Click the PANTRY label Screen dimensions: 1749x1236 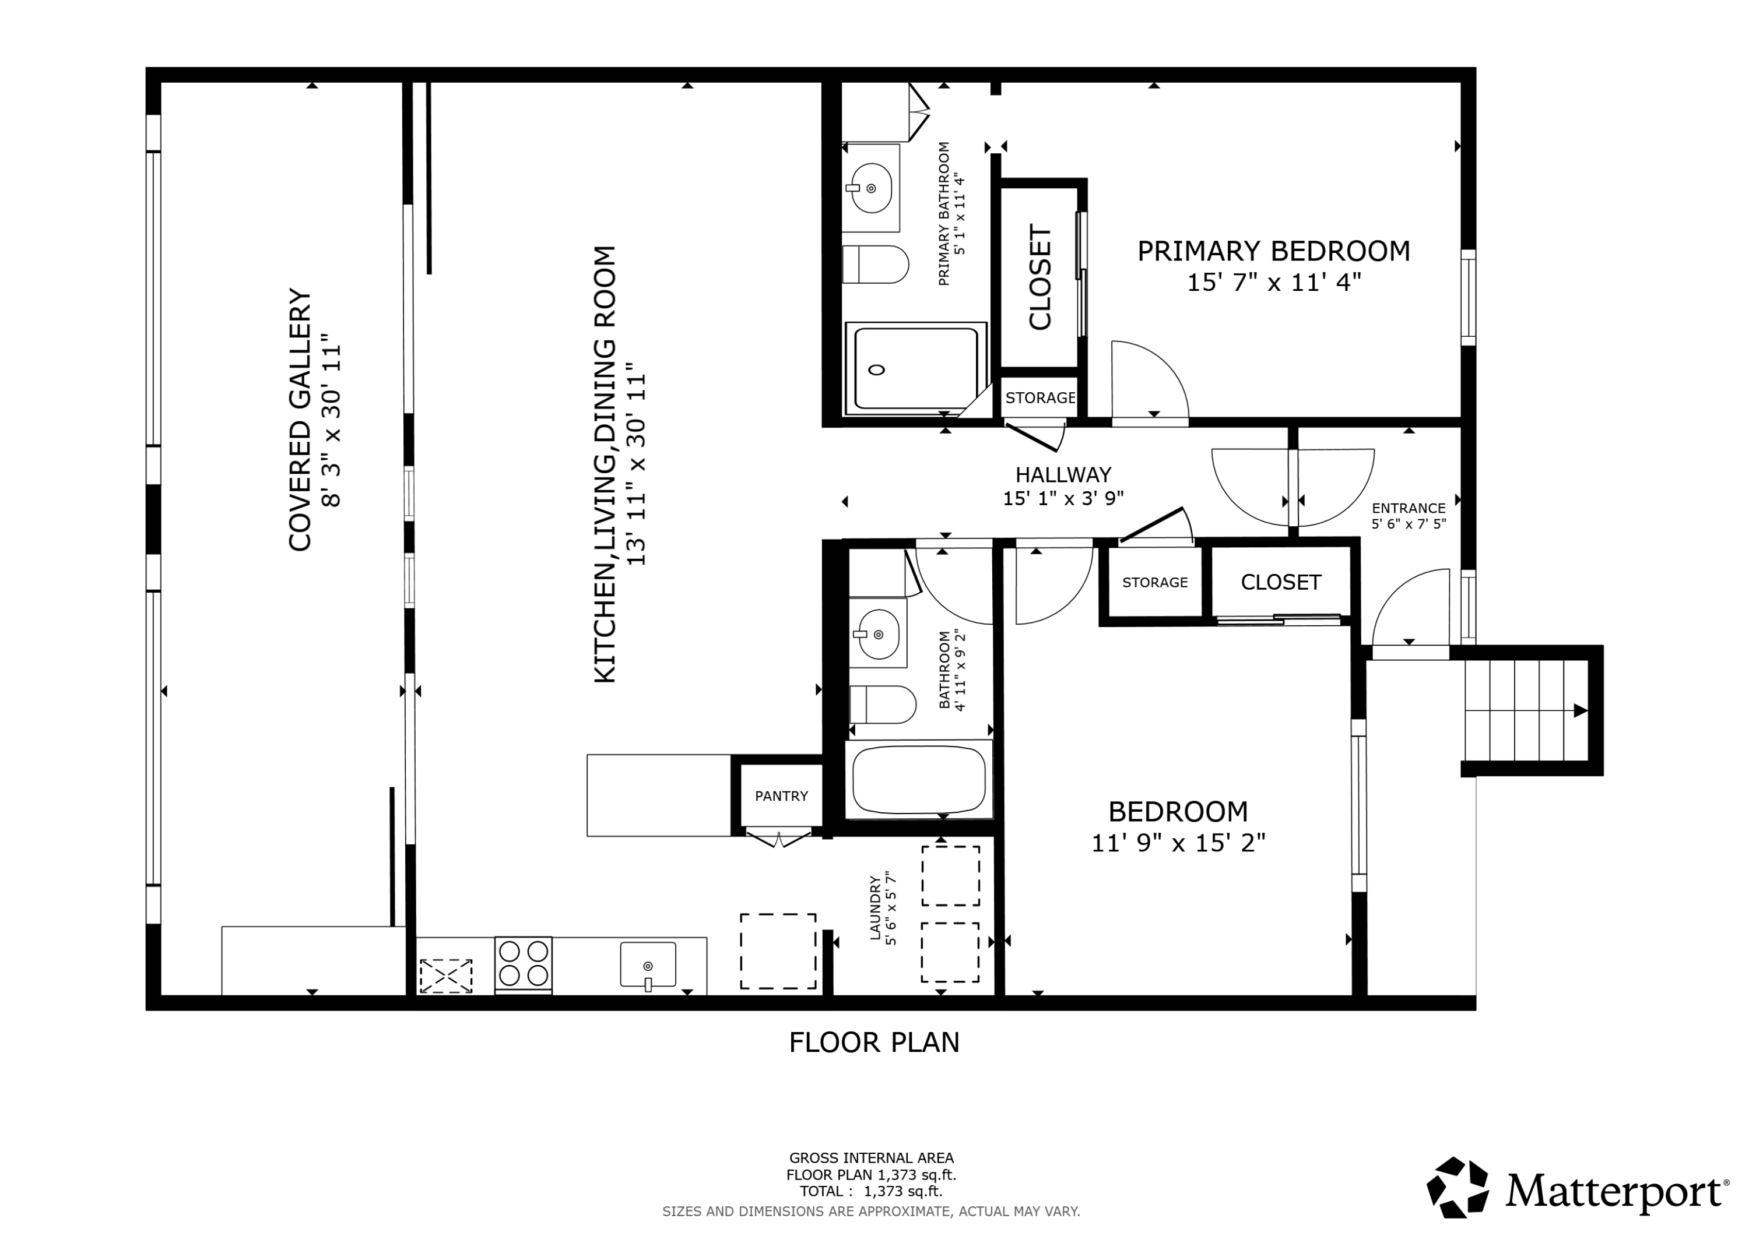coord(781,796)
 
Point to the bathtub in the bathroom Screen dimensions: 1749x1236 coord(919,779)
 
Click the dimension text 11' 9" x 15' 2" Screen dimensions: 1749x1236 coord(1178,844)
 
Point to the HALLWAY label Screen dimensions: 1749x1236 coord(1063,475)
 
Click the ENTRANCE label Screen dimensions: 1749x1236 coord(1409,508)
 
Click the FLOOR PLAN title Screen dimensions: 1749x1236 coord(874,1043)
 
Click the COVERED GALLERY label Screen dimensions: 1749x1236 coord(300,420)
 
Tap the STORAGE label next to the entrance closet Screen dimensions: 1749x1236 coord(1155,583)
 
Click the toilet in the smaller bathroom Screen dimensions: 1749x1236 coord(882,705)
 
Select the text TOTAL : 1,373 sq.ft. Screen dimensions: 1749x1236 coord(870,1191)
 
